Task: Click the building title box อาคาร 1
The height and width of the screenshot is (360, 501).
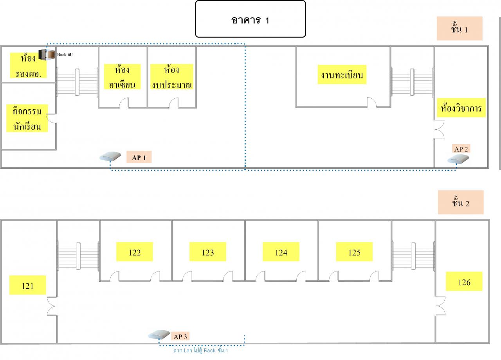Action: click(250, 19)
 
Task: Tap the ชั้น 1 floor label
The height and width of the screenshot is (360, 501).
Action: click(460, 29)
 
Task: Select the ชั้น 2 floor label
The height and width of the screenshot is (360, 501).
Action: click(461, 202)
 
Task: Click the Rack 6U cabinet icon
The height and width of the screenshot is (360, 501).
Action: click(47, 54)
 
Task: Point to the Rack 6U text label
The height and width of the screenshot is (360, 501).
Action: click(65, 54)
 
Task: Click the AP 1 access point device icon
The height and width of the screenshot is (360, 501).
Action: click(110, 156)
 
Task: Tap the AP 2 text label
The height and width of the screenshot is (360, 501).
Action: click(461, 148)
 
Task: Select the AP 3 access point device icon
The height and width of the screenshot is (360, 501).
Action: click(159, 334)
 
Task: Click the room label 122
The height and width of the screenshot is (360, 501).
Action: click(134, 251)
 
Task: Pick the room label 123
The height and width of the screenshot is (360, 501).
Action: click(208, 251)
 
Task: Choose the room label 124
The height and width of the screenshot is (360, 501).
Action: click(281, 251)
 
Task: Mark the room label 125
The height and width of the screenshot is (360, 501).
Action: click(354, 251)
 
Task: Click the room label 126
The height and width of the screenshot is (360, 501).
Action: click(464, 281)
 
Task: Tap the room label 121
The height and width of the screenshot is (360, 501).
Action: click(28, 285)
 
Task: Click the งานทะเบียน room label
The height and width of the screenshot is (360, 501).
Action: click(342, 74)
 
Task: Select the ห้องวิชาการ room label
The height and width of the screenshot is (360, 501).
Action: click(461, 108)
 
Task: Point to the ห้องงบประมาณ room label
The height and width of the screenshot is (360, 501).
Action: click(171, 77)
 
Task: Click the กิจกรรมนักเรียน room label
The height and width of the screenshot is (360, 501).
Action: click(27, 118)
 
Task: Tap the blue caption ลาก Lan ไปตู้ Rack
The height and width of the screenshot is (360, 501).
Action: click(201, 350)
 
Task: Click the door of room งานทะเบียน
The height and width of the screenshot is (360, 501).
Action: click(372, 103)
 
